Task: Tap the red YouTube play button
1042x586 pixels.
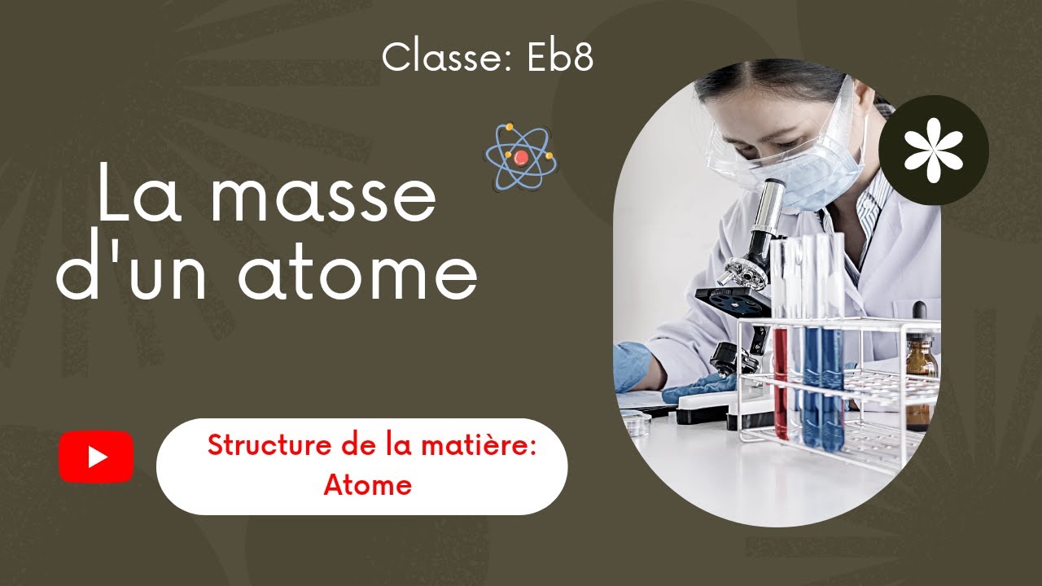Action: tap(96, 457)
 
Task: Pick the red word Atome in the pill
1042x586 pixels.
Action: tap(367, 485)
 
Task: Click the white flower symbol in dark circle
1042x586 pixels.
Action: tap(934, 150)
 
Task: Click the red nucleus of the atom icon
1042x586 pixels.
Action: tap(521, 156)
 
